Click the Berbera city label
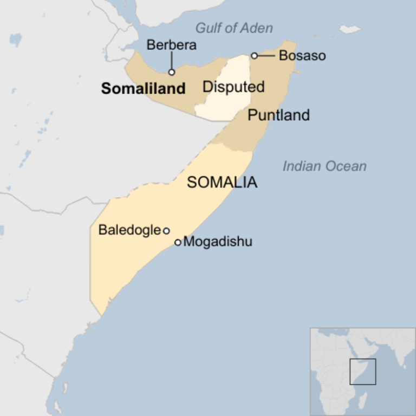171,45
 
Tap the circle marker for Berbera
172,72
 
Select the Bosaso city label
302,55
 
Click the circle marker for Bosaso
254,55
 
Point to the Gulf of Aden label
234,28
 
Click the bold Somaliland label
143,89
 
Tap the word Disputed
233,87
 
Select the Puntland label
278,115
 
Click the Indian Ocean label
324,166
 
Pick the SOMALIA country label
222,183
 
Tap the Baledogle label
129,230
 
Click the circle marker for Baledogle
166,231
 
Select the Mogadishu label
218,242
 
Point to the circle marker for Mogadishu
178,242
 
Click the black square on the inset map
362,372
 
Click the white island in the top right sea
349,29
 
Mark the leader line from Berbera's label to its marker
172,60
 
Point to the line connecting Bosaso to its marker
266,55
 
